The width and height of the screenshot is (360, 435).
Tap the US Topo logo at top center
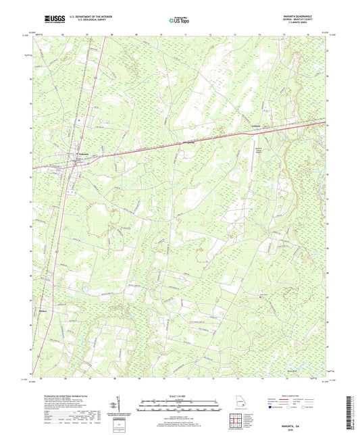tap(178, 21)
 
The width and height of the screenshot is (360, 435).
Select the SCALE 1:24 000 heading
tap(180, 396)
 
